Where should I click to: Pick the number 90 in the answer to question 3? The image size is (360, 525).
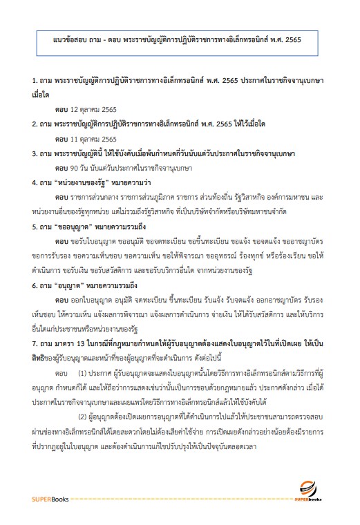(x=74, y=166)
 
